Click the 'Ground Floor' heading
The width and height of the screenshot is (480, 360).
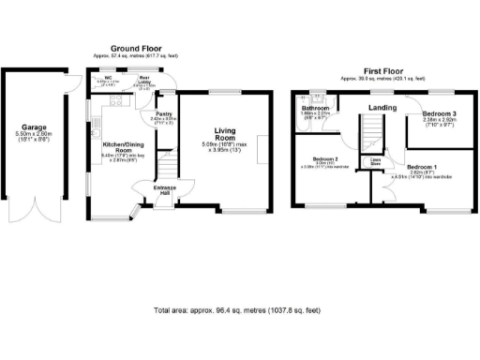point(137,48)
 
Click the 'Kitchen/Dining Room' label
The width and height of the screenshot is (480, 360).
point(121,150)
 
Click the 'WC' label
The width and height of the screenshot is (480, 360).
point(109,78)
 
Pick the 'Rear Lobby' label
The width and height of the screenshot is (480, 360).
point(146,79)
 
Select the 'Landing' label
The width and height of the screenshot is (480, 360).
point(381,108)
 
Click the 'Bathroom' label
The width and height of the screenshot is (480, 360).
point(313,109)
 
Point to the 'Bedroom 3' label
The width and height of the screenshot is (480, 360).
point(439,114)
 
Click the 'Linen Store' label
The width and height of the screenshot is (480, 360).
point(374,161)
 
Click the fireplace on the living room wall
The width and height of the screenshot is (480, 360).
point(269,145)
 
